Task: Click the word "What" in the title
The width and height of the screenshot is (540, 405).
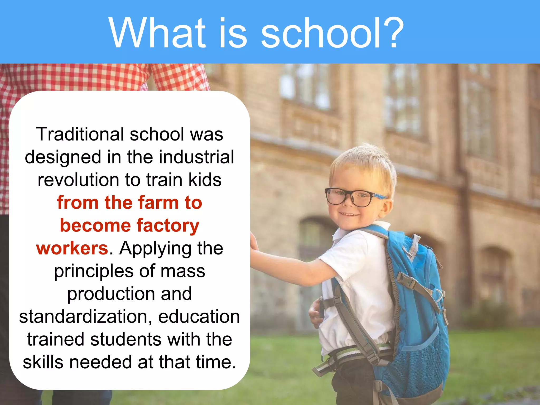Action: [x=157, y=33]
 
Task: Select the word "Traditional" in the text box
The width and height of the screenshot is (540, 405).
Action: [x=80, y=134]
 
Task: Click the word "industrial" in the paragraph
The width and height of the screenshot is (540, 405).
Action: [x=196, y=157]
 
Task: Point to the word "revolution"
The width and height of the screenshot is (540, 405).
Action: [x=78, y=180]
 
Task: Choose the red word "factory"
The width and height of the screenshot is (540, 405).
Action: [x=168, y=226]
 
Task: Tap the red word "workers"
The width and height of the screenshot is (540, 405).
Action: [x=72, y=248]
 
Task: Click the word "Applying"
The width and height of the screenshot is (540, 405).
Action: [x=155, y=249]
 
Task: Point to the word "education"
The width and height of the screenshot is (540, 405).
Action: [x=199, y=317]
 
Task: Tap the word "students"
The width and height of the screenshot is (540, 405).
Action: [x=126, y=339]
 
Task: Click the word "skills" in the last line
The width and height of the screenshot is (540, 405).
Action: [x=43, y=362]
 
